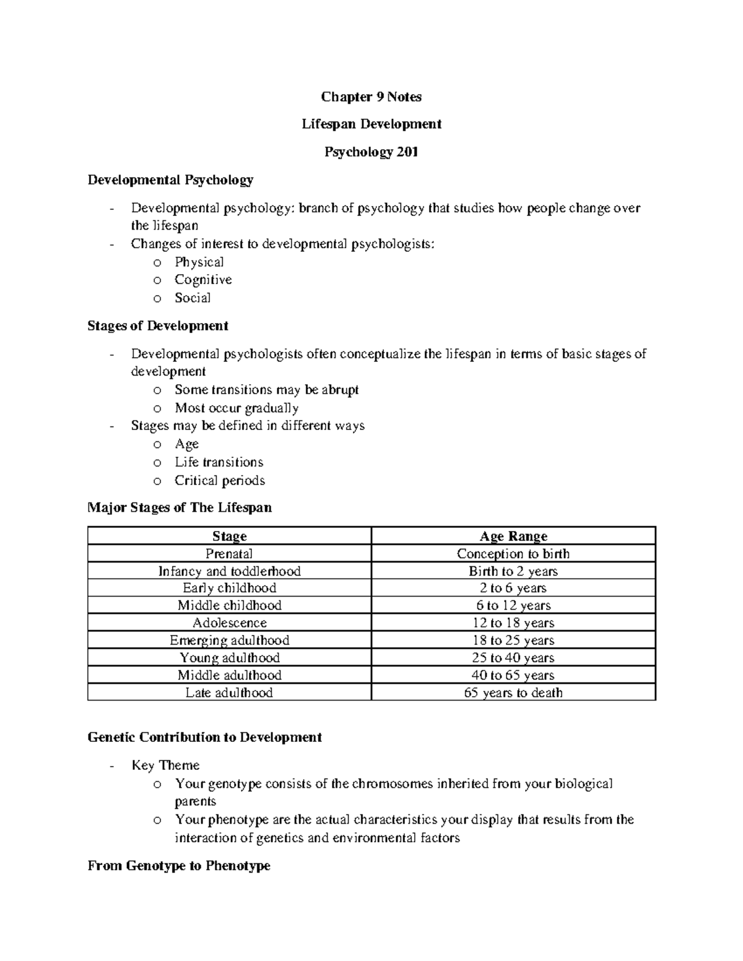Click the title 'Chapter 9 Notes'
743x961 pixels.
click(x=371, y=97)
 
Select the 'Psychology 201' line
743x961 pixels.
click(x=371, y=152)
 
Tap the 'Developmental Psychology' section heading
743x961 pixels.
click(x=170, y=180)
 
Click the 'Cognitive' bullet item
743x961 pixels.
click(x=203, y=280)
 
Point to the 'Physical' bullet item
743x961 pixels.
click(x=199, y=262)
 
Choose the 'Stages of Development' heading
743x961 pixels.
click(x=158, y=325)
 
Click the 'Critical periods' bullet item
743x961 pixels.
click(x=219, y=480)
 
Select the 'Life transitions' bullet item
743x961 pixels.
click(x=219, y=462)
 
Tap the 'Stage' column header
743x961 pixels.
click(x=229, y=536)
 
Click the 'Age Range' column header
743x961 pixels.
click(x=513, y=536)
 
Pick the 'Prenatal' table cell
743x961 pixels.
click(x=229, y=554)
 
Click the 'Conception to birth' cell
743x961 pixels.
click(x=513, y=554)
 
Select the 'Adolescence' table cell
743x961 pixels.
click(x=229, y=623)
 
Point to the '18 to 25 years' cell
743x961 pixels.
click(x=513, y=640)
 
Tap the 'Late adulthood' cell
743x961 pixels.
click(x=229, y=692)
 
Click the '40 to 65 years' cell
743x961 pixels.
click(x=513, y=675)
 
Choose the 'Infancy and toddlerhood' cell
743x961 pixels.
click(x=229, y=571)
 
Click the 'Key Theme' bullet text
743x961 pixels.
click(x=165, y=765)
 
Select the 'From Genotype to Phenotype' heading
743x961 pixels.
click(x=179, y=866)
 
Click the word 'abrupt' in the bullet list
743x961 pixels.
click(x=340, y=390)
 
